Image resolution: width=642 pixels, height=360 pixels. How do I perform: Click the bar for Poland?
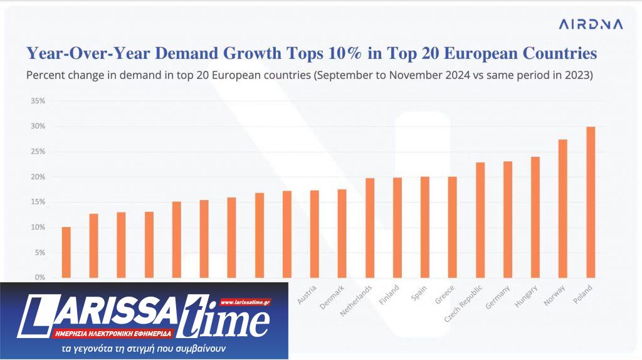(x=590, y=202)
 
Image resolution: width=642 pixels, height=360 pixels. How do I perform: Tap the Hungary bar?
(x=535, y=217)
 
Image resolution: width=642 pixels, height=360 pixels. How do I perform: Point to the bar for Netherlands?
(x=369, y=228)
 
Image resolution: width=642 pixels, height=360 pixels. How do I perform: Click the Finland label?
(x=389, y=295)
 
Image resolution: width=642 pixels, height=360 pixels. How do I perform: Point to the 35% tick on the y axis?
(x=38, y=101)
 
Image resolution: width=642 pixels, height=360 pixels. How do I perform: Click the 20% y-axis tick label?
(x=38, y=177)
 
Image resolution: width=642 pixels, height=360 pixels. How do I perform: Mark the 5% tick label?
(x=39, y=252)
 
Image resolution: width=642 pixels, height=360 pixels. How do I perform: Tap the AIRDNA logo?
(x=591, y=24)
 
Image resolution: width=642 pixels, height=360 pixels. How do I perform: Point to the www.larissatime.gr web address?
(x=245, y=302)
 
